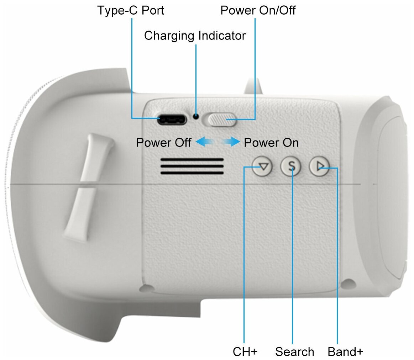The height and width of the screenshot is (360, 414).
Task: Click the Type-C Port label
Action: click(131, 10)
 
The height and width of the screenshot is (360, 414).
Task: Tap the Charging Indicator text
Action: click(195, 36)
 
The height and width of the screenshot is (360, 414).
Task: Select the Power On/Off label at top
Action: click(258, 10)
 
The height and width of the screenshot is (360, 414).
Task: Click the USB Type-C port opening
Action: click(173, 120)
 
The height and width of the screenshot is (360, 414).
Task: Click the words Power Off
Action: click(164, 143)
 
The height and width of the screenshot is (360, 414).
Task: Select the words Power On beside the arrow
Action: click(271, 143)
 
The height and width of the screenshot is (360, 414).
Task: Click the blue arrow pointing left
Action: click(205, 143)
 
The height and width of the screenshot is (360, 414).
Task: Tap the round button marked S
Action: click(291, 166)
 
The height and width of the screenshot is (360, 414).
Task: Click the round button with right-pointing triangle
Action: click(319, 166)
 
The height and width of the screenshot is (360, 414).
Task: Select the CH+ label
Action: click(245, 352)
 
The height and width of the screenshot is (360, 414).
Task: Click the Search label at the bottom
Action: click(294, 352)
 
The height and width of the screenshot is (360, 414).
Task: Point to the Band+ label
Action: click(345, 352)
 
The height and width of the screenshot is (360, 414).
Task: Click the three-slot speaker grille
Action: click(192, 166)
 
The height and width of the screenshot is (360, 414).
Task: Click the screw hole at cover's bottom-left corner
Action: click(145, 287)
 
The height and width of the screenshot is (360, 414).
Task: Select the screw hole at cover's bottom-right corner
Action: click(348, 284)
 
